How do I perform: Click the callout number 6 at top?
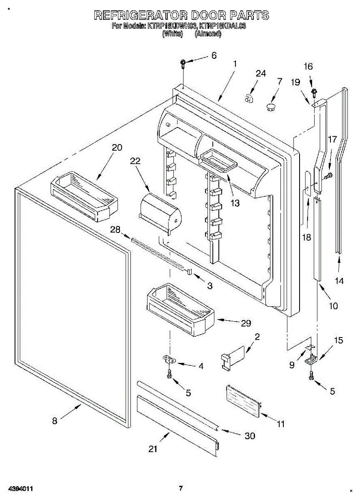click(x=214, y=55)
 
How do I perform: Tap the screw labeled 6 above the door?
click(x=183, y=64)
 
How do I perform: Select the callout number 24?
click(x=260, y=74)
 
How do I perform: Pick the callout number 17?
click(x=332, y=140)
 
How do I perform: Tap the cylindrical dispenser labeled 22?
click(x=160, y=212)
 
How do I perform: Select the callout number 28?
click(x=115, y=230)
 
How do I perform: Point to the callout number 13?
click(x=235, y=203)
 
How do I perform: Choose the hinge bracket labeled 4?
click(x=168, y=359)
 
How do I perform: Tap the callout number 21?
click(x=153, y=449)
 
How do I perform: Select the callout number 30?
click(x=250, y=436)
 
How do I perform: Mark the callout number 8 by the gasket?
click(x=55, y=421)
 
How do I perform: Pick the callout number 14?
click(x=340, y=281)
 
